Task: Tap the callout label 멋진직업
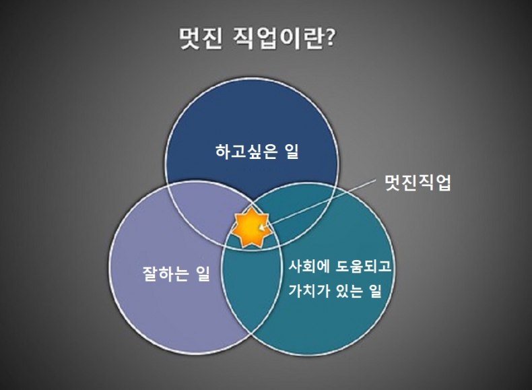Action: click(417, 183)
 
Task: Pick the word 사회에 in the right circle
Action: click(306, 265)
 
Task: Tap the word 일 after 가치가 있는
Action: click(377, 293)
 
